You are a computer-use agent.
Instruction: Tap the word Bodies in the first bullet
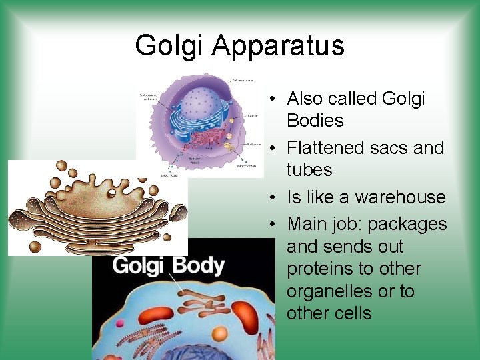pos(315,121)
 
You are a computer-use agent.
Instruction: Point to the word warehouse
pos(399,197)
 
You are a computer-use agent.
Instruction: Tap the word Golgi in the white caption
pos(138,266)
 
